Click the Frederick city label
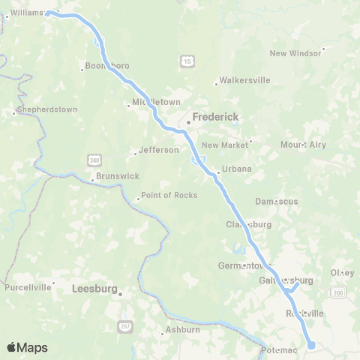(x=215, y=116)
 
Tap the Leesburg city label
(x=96, y=287)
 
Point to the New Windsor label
(x=295, y=52)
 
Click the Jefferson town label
(x=159, y=149)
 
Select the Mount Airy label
(x=303, y=144)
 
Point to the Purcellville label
(x=28, y=286)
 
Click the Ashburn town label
(x=184, y=329)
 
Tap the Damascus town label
(x=276, y=201)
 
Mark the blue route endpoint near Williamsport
(x=47, y=13)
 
